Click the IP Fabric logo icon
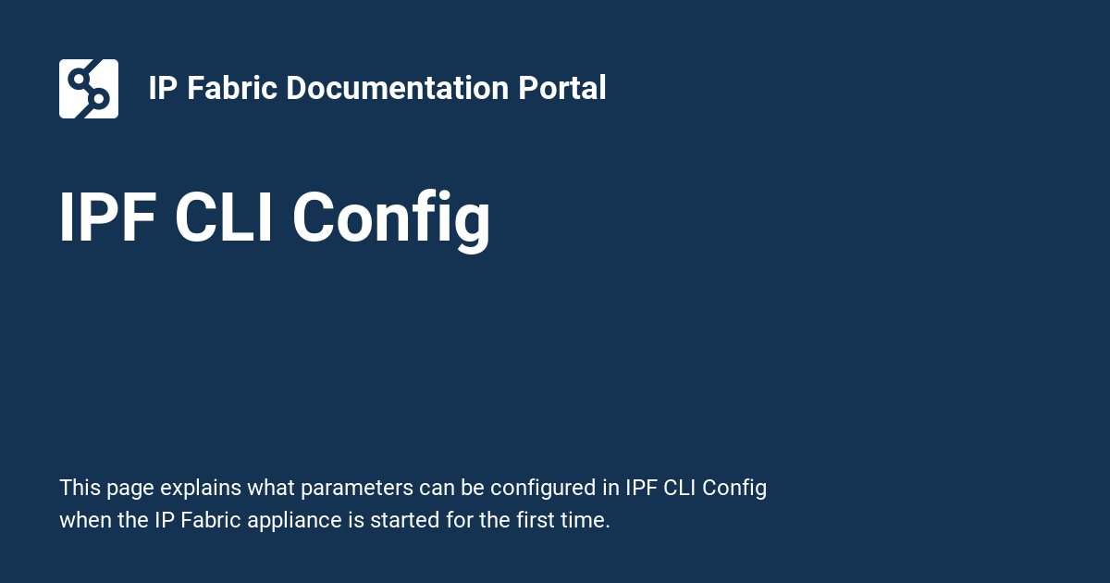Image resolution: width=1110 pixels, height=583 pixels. click(x=89, y=89)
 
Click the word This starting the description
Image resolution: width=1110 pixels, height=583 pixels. click(x=79, y=488)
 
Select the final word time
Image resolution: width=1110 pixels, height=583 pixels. click(x=586, y=520)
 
